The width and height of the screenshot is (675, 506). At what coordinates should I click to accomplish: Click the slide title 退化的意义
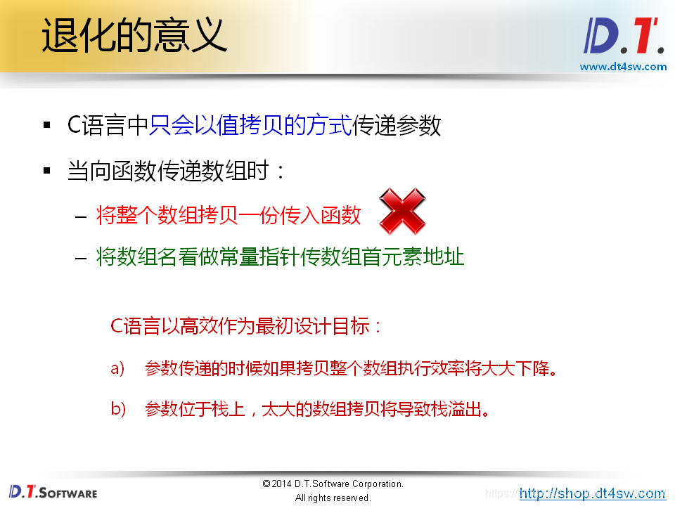point(134,34)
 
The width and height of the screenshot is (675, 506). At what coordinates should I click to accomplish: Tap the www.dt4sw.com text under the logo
point(623,67)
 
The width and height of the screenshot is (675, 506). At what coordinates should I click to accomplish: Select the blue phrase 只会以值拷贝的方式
point(250,126)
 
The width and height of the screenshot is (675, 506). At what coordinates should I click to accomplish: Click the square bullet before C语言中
point(47,126)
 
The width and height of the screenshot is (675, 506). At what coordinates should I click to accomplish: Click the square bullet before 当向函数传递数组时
point(47,171)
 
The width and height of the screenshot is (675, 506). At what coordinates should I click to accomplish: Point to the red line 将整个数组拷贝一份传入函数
point(229,215)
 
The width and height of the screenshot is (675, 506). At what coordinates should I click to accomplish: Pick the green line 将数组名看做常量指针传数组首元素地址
point(280,257)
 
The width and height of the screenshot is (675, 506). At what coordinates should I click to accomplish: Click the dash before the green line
point(81,257)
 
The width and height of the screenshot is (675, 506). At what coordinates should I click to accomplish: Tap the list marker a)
point(117,368)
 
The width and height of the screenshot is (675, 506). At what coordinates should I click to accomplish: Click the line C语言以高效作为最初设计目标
point(247,327)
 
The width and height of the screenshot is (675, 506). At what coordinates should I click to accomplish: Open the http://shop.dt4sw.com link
point(592,493)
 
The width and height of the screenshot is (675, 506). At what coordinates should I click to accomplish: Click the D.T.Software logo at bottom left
point(53,492)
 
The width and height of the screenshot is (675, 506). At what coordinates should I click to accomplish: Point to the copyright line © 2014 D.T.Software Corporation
point(333,484)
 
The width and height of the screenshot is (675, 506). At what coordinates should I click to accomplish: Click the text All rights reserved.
point(333,498)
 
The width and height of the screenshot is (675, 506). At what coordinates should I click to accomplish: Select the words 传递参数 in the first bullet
point(397,126)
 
